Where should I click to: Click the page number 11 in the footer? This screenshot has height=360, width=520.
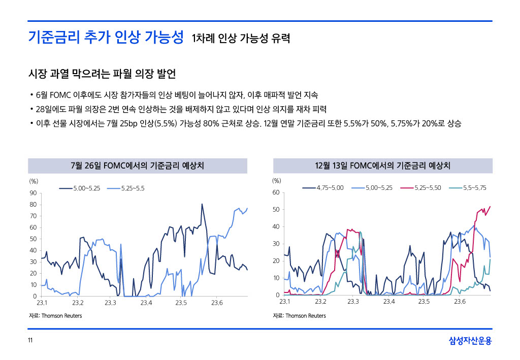click(30, 340)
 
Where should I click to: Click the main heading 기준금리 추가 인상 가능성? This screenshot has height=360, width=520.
click(106, 37)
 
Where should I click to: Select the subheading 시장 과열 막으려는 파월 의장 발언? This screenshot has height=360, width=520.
click(102, 74)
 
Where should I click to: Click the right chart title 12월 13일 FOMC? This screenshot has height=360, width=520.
click(383, 166)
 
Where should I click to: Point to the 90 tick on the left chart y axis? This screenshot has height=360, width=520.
click(32, 193)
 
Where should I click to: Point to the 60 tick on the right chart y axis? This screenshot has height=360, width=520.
click(276, 192)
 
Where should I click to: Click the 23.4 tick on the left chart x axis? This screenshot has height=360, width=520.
click(146, 303)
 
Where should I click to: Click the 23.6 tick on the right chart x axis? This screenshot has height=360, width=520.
click(460, 302)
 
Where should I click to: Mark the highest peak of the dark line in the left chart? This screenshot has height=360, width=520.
click(202, 204)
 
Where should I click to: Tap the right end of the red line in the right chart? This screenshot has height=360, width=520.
click(490, 207)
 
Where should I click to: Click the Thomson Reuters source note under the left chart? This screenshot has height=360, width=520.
click(55, 316)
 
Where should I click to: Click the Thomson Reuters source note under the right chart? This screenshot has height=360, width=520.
click(299, 316)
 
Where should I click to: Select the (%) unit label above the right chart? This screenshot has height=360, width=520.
click(277, 180)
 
